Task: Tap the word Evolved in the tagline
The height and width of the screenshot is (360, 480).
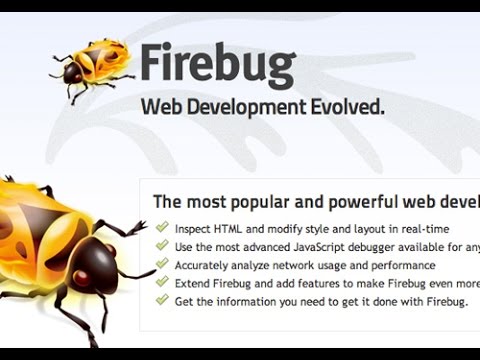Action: coord(347,107)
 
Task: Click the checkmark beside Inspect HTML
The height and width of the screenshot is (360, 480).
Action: coord(162,228)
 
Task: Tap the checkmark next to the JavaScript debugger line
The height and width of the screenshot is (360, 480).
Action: coord(162,246)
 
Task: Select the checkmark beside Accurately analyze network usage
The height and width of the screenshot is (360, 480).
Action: coord(162,264)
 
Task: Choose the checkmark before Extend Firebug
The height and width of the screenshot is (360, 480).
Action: coord(162,282)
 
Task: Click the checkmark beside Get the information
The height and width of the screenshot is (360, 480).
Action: coord(162,300)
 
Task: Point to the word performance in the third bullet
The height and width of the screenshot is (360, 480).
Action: coord(399,265)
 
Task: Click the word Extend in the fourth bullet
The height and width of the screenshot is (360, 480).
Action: coord(194,283)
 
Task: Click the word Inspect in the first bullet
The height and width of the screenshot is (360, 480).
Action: coord(195,229)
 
